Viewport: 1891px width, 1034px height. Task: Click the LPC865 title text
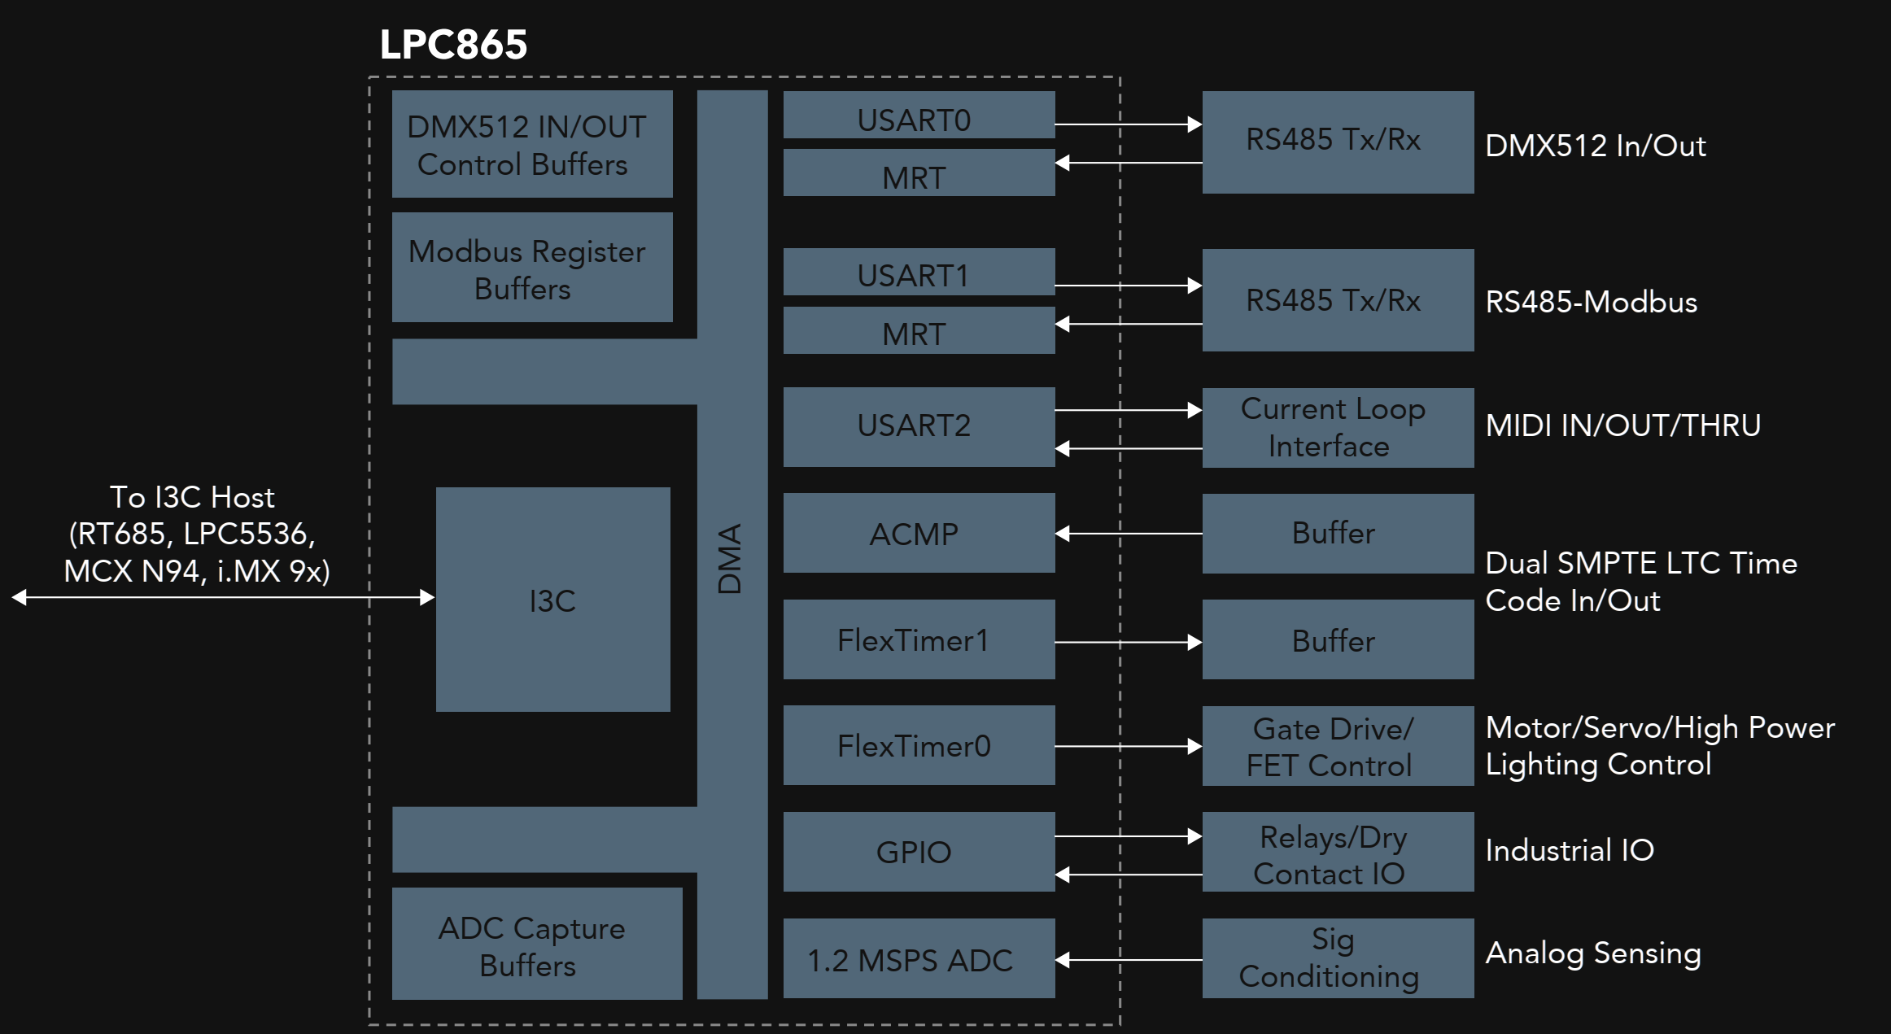click(x=453, y=45)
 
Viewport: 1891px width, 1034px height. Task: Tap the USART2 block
click(x=919, y=426)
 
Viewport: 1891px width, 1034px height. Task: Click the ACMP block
click(x=919, y=534)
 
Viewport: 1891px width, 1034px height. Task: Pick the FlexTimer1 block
click(x=919, y=640)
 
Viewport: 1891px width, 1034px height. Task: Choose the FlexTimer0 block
click(x=919, y=746)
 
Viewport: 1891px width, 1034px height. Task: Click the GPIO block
click(x=919, y=852)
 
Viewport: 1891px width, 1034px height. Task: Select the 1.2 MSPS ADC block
click(x=919, y=959)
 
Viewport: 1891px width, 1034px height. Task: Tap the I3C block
click(x=553, y=600)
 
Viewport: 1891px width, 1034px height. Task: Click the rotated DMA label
click(x=730, y=559)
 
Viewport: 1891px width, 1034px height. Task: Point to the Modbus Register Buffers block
click(x=532, y=268)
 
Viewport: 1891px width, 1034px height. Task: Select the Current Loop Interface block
click(x=1338, y=428)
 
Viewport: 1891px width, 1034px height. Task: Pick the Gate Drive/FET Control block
click(x=1338, y=746)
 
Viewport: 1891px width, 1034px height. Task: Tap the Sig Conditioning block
click(x=1338, y=958)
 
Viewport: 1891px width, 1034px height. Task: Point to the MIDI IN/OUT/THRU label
click(x=1622, y=425)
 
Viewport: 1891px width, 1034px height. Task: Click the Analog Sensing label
click(x=1592, y=953)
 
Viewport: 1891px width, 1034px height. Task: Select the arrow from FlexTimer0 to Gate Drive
click(x=1128, y=746)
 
